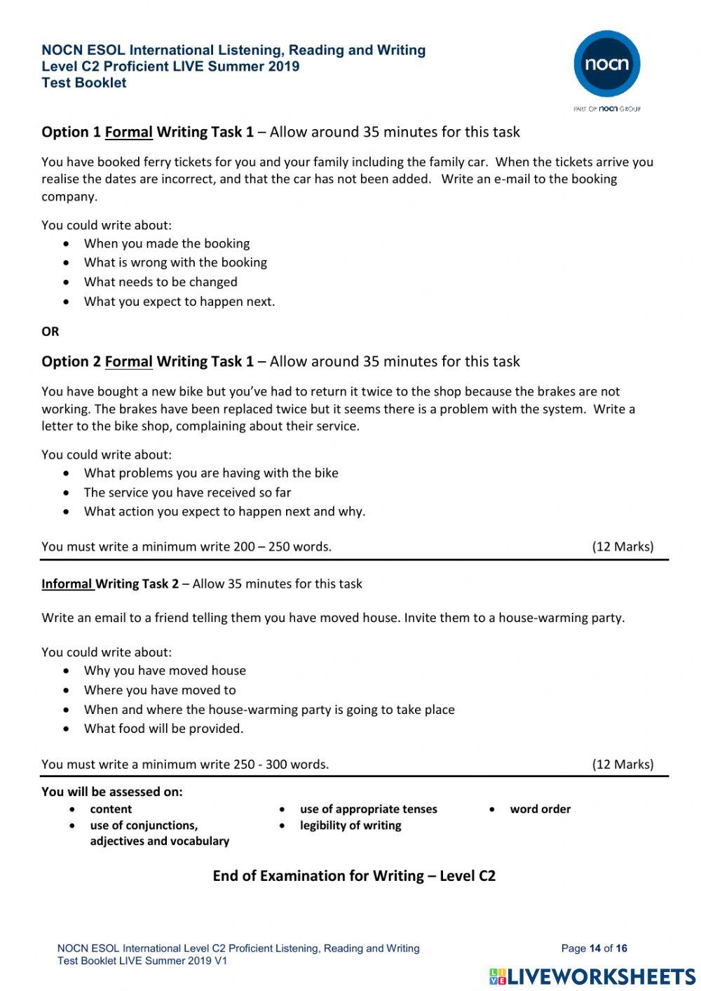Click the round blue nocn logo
click(x=606, y=64)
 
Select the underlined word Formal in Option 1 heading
click(x=128, y=132)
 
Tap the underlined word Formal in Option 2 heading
click(x=128, y=361)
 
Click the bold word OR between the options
click(x=50, y=331)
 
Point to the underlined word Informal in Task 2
click(x=67, y=584)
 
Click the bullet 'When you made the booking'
click(x=167, y=243)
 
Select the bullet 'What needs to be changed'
click(x=161, y=282)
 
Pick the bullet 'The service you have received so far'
click(x=187, y=492)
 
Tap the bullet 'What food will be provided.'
click(x=163, y=728)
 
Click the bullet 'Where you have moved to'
click(x=160, y=690)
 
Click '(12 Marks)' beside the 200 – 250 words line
click(x=622, y=546)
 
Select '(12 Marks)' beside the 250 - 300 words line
click(x=622, y=764)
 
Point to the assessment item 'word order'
click(x=540, y=809)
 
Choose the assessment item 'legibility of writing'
click(x=350, y=825)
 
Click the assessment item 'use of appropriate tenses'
click(x=368, y=809)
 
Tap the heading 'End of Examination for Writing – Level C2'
click(x=354, y=875)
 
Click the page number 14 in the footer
click(x=594, y=948)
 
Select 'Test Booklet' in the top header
click(x=84, y=83)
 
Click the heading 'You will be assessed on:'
click(x=112, y=791)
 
